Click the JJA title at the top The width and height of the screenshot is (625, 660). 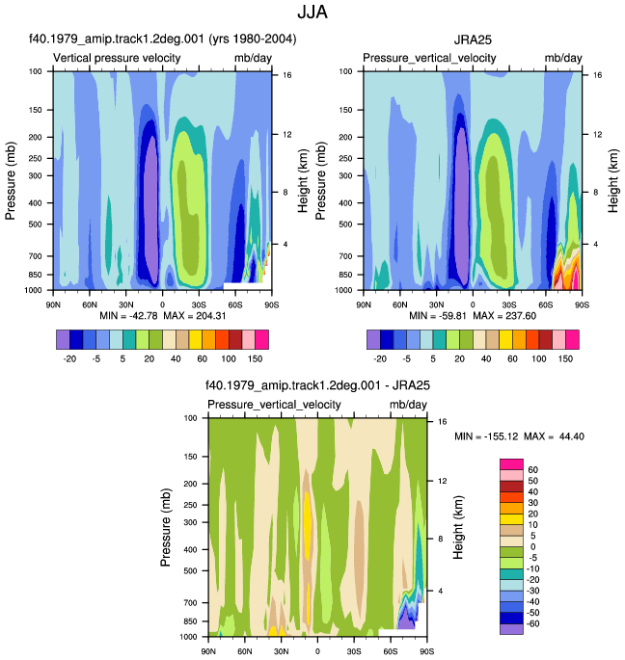coord(312,12)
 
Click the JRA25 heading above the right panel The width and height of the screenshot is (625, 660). coord(473,40)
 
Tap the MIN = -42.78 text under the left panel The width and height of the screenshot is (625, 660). coord(128,316)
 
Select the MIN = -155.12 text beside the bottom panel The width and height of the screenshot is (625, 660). coord(486,436)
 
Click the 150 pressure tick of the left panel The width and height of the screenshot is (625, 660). coord(36,110)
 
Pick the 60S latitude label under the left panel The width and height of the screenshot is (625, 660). coord(235,304)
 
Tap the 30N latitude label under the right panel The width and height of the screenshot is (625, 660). coord(436,304)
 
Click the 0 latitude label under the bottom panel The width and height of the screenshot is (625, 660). coord(317,651)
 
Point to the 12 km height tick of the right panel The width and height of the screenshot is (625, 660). coord(598,135)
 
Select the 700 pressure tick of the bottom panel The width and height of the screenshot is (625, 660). coord(191,603)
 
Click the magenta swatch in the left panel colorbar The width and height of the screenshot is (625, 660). coord(261,340)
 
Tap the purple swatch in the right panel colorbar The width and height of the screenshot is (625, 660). coord(373,340)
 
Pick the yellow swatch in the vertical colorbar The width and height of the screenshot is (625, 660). coord(511,519)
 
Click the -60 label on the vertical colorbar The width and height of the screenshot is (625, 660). coord(532,623)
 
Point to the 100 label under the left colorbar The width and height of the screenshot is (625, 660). coord(229,358)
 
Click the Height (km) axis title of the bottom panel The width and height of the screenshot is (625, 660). coord(458,527)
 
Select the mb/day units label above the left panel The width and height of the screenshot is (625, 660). coord(253,58)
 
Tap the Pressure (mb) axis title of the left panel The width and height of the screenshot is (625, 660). coord(11,180)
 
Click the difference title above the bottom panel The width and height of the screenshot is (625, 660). coord(317,385)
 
